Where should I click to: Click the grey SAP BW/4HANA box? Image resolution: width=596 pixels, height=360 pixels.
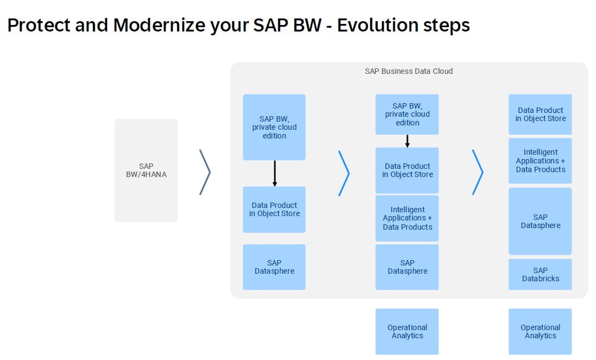click(146, 170)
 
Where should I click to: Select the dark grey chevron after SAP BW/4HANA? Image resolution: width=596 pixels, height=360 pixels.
click(205, 172)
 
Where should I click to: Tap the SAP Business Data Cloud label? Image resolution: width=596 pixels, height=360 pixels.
click(409, 71)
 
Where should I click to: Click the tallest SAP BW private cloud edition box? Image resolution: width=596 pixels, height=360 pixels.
click(274, 127)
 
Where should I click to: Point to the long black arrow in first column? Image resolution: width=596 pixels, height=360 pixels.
click(274, 173)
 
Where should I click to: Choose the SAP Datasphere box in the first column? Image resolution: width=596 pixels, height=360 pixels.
click(274, 267)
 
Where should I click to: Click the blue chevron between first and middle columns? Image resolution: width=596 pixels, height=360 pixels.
click(344, 173)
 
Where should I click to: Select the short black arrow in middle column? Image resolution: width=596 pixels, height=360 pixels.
click(407, 141)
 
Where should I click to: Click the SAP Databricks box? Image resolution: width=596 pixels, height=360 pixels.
click(540, 274)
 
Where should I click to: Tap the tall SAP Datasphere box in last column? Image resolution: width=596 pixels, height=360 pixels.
click(540, 221)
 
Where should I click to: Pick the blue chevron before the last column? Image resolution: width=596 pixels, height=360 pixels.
click(478, 172)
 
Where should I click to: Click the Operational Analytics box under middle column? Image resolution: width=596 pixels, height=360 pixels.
click(407, 331)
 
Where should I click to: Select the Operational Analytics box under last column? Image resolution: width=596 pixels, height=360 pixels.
click(540, 331)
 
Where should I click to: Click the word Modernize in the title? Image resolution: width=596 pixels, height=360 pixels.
click(159, 26)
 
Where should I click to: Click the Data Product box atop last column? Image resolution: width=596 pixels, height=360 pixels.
click(540, 114)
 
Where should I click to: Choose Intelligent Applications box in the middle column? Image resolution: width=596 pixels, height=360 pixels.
click(407, 218)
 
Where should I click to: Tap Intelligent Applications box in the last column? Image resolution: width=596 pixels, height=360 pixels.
click(540, 161)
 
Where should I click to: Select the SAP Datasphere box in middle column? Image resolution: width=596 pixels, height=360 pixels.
click(407, 267)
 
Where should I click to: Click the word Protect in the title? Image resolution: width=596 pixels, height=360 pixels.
click(39, 26)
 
